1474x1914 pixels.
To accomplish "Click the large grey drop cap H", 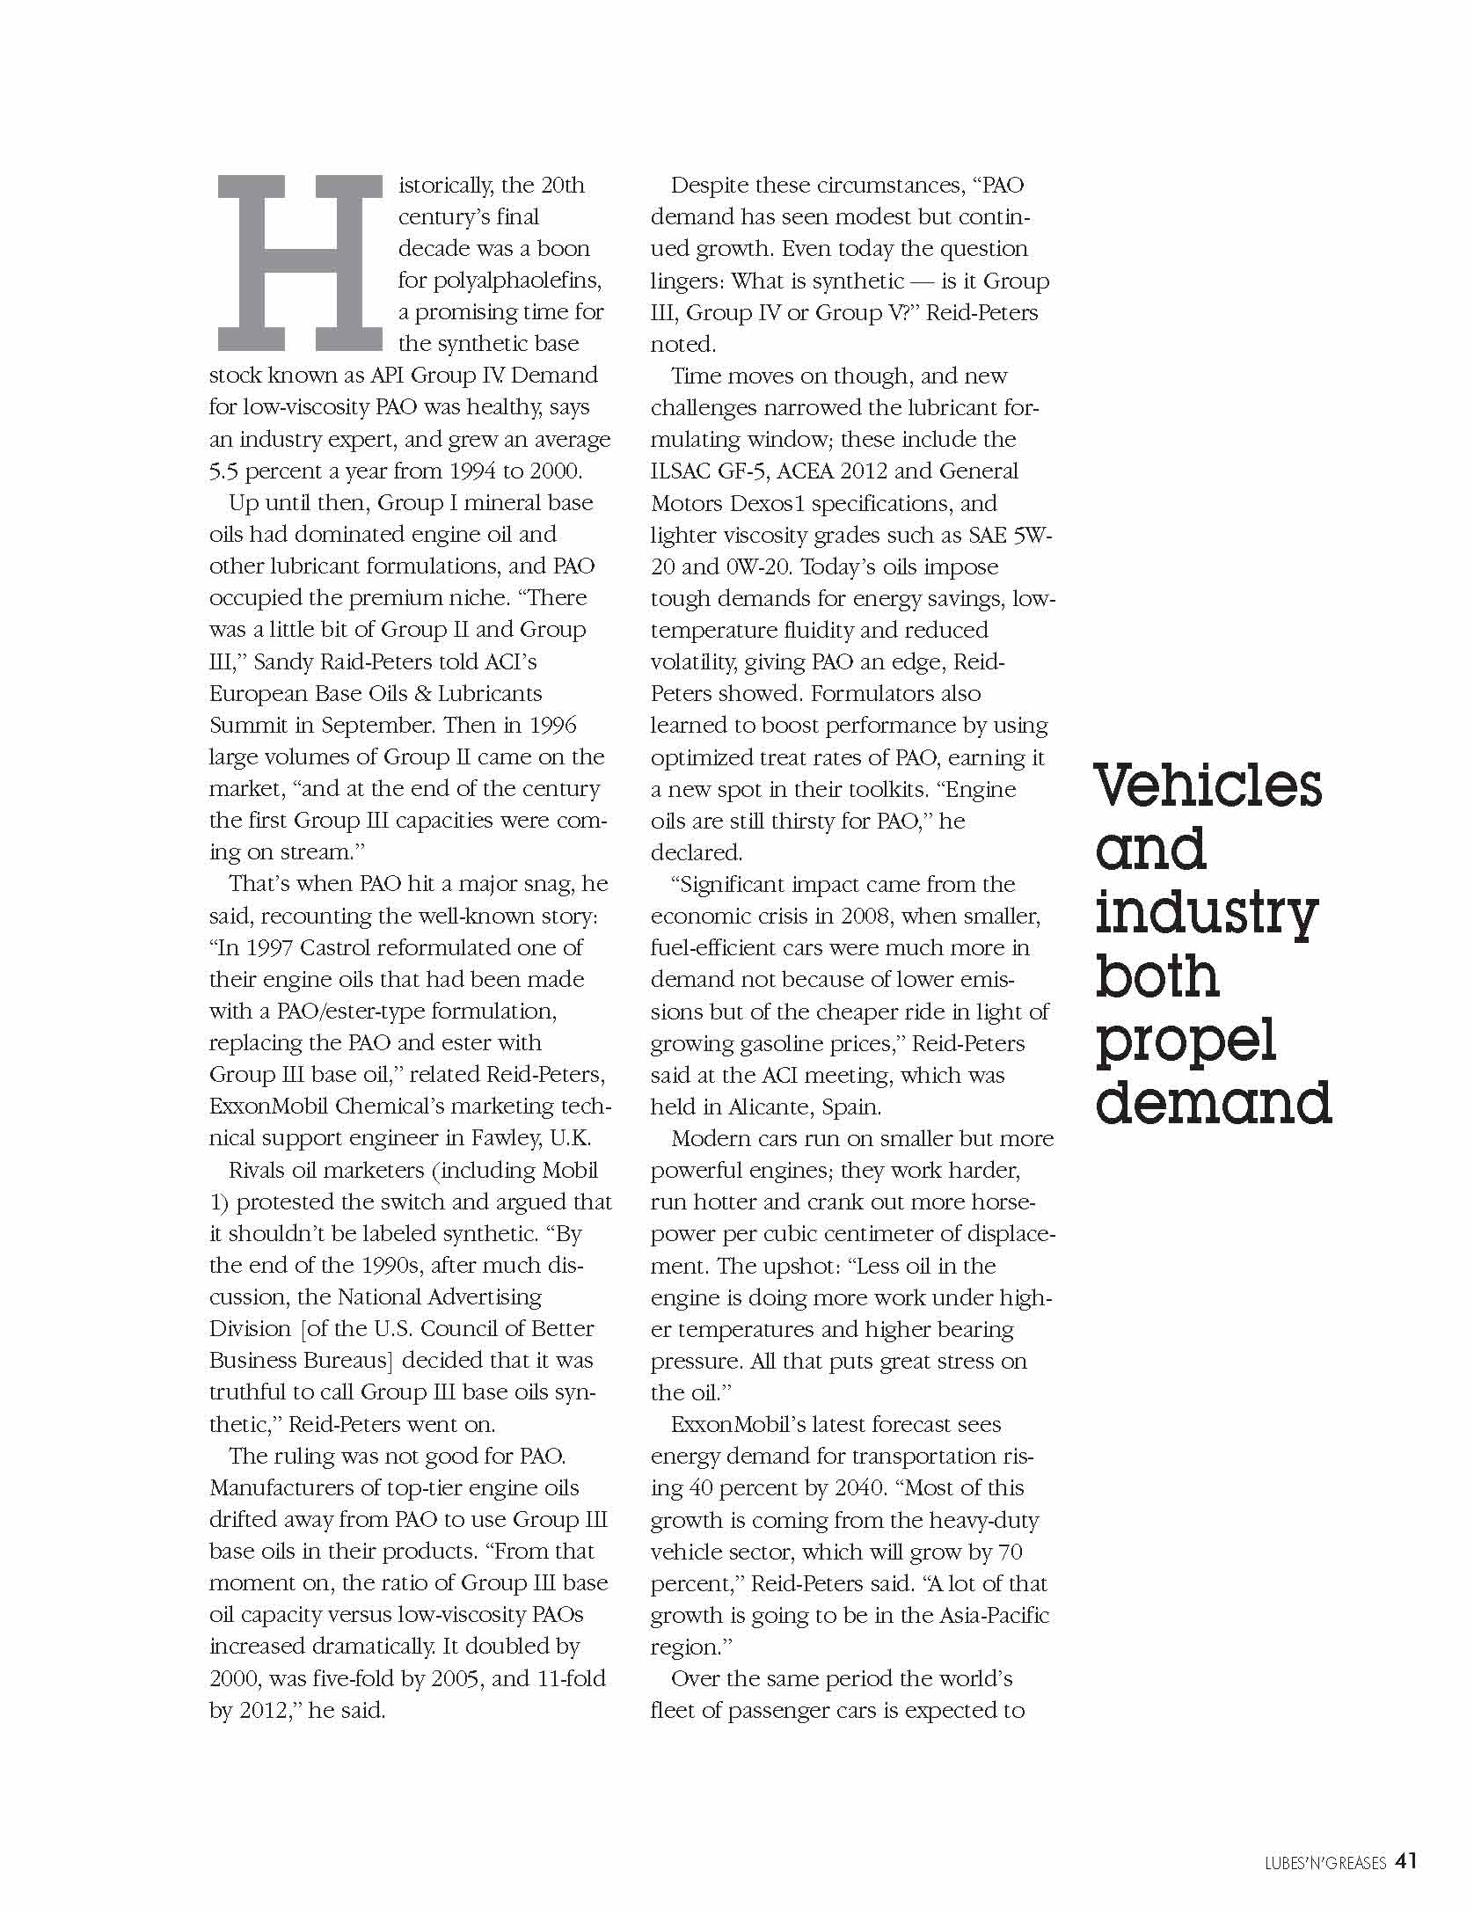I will click(299, 263).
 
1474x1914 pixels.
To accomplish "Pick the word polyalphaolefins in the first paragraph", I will click(500, 281).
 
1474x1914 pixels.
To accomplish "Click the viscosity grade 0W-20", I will click(756, 567).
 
